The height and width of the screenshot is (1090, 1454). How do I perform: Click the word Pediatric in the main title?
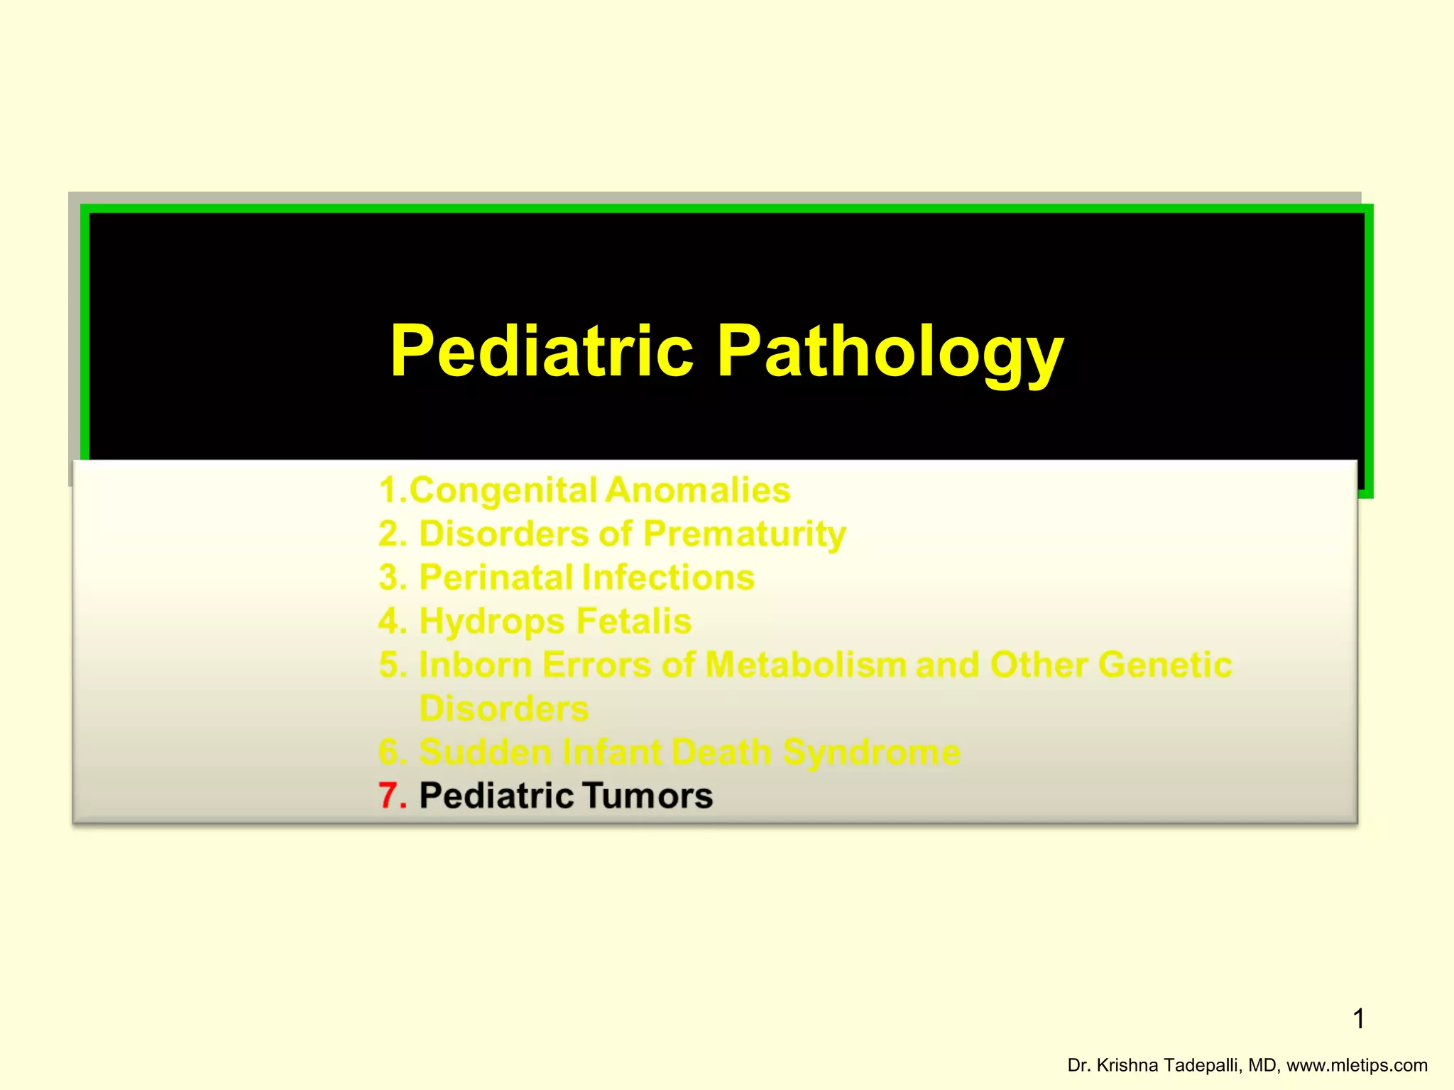[x=542, y=351]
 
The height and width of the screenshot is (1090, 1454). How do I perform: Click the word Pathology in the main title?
[x=890, y=351]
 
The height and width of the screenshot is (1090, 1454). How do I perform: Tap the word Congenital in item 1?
[x=503, y=490]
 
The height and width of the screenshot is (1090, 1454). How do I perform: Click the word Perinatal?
[x=495, y=577]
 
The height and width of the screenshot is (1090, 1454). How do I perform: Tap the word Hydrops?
[x=492, y=621]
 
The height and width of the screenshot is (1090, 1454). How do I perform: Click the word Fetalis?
[x=633, y=621]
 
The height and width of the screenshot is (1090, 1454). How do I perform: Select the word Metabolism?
[x=805, y=665]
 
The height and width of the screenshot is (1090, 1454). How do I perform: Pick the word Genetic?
[x=1164, y=665]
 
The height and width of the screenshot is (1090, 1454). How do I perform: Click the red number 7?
[x=389, y=796]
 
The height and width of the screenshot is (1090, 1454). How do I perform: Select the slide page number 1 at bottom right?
[x=1358, y=1019]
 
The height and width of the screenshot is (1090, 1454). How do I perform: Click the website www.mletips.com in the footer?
[x=1357, y=1065]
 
